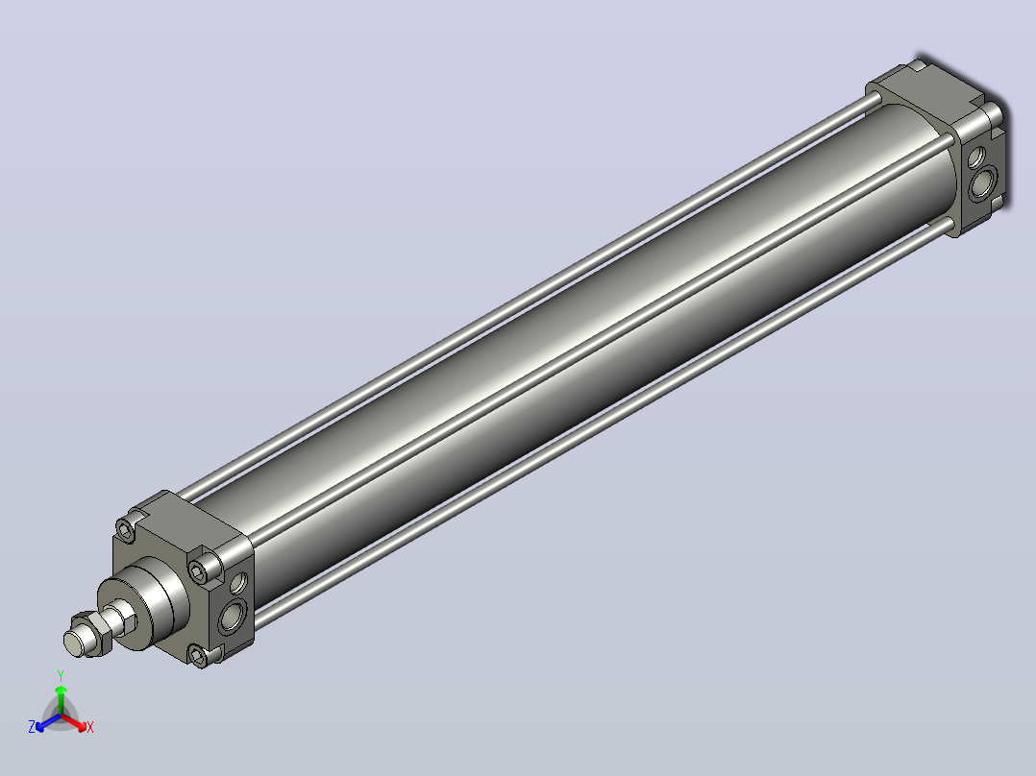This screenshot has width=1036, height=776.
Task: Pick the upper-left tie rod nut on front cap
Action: coord(126,529)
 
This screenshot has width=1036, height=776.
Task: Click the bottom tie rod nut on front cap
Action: coord(198,655)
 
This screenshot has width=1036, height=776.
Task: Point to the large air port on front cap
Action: coord(233,617)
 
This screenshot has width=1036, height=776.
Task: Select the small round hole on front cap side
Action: coord(238,583)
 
